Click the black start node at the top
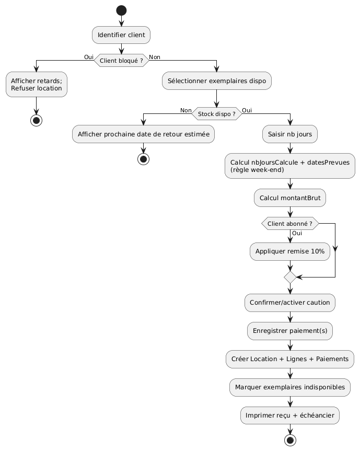(x=121, y=10)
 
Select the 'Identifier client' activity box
(x=121, y=35)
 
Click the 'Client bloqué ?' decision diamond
(x=121, y=61)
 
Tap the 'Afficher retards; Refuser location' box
(x=37, y=84)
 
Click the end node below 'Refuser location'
(x=37, y=120)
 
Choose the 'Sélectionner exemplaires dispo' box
(x=217, y=80)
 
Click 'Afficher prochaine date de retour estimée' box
(x=143, y=134)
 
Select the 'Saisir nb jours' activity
(x=289, y=134)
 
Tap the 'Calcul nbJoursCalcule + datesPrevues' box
(x=289, y=165)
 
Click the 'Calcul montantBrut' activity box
(x=289, y=198)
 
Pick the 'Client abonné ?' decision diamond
(x=289, y=223)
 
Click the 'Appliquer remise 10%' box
(x=289, y=251)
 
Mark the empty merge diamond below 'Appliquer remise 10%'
(x=289, y=277)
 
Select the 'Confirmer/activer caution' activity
(x=289, y=303)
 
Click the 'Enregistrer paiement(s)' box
(x=289, y=330)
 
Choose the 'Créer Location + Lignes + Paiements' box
(x=289, y=359)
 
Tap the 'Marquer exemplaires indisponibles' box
(x=289, y=387)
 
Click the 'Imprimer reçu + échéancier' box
(x=289, y=415)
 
